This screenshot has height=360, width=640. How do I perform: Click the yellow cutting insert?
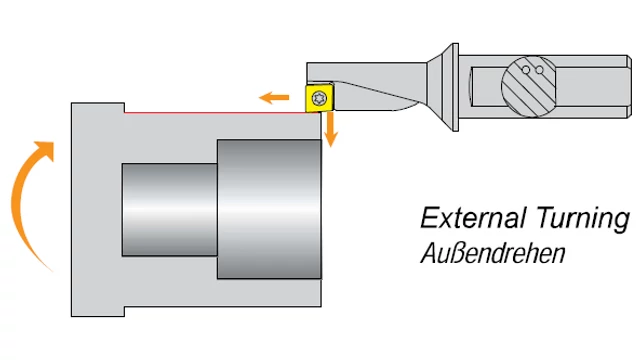319,98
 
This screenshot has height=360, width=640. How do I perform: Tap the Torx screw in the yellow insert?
319,98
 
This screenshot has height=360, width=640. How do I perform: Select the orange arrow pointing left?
274,98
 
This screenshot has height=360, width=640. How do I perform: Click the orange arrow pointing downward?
330,130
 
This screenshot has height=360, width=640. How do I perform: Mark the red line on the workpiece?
216,112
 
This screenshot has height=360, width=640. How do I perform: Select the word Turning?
584,219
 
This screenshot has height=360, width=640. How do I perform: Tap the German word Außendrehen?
493,253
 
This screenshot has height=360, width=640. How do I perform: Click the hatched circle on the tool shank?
529,87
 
